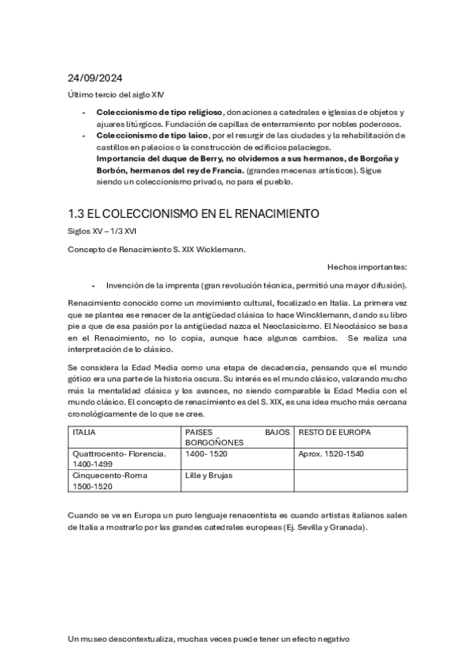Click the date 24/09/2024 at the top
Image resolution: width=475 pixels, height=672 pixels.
(x=95, y=78)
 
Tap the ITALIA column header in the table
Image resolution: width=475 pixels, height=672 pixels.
(x=86, y=433)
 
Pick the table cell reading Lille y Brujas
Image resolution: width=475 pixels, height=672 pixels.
(x=209, y=475)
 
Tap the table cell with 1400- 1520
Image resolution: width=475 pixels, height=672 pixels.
(x=206, y=454)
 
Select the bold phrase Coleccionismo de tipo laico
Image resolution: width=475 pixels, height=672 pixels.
(x=147, y=136)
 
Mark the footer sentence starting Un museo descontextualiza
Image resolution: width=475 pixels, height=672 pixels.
(x=209, y=638)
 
